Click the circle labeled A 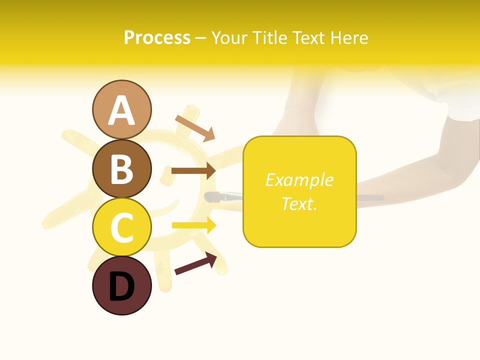(x=122, y=109)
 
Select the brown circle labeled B (x=122, y=168)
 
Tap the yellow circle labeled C (x=122, y=227)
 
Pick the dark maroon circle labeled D (x=122, y=285)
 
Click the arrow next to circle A (x=195, y=128)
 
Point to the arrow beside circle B (x=193, y=171)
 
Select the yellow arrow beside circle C (x=194, y=225)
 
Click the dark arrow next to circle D (x=195, y=263)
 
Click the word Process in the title (x=157, y=37)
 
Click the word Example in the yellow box (x=299, y=180)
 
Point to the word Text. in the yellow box (x=299, y=203)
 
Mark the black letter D (x=122, y=287)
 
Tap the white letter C (x=122, y=228)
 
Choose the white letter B (x=122, y=169)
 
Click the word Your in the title (x=230, y=37)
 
